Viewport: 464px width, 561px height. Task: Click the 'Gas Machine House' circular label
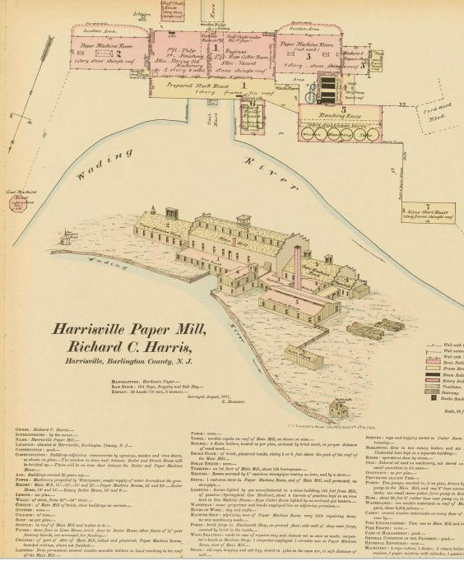coord(21,200)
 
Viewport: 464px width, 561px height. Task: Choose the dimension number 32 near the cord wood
coord(402,104)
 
